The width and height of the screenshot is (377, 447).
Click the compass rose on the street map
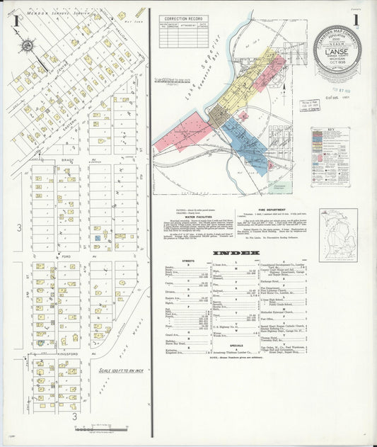[27, 46]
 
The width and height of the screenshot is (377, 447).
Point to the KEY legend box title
[330, 130]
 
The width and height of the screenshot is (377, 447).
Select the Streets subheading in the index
[188, 261]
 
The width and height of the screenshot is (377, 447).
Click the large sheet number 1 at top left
[16, 21]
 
